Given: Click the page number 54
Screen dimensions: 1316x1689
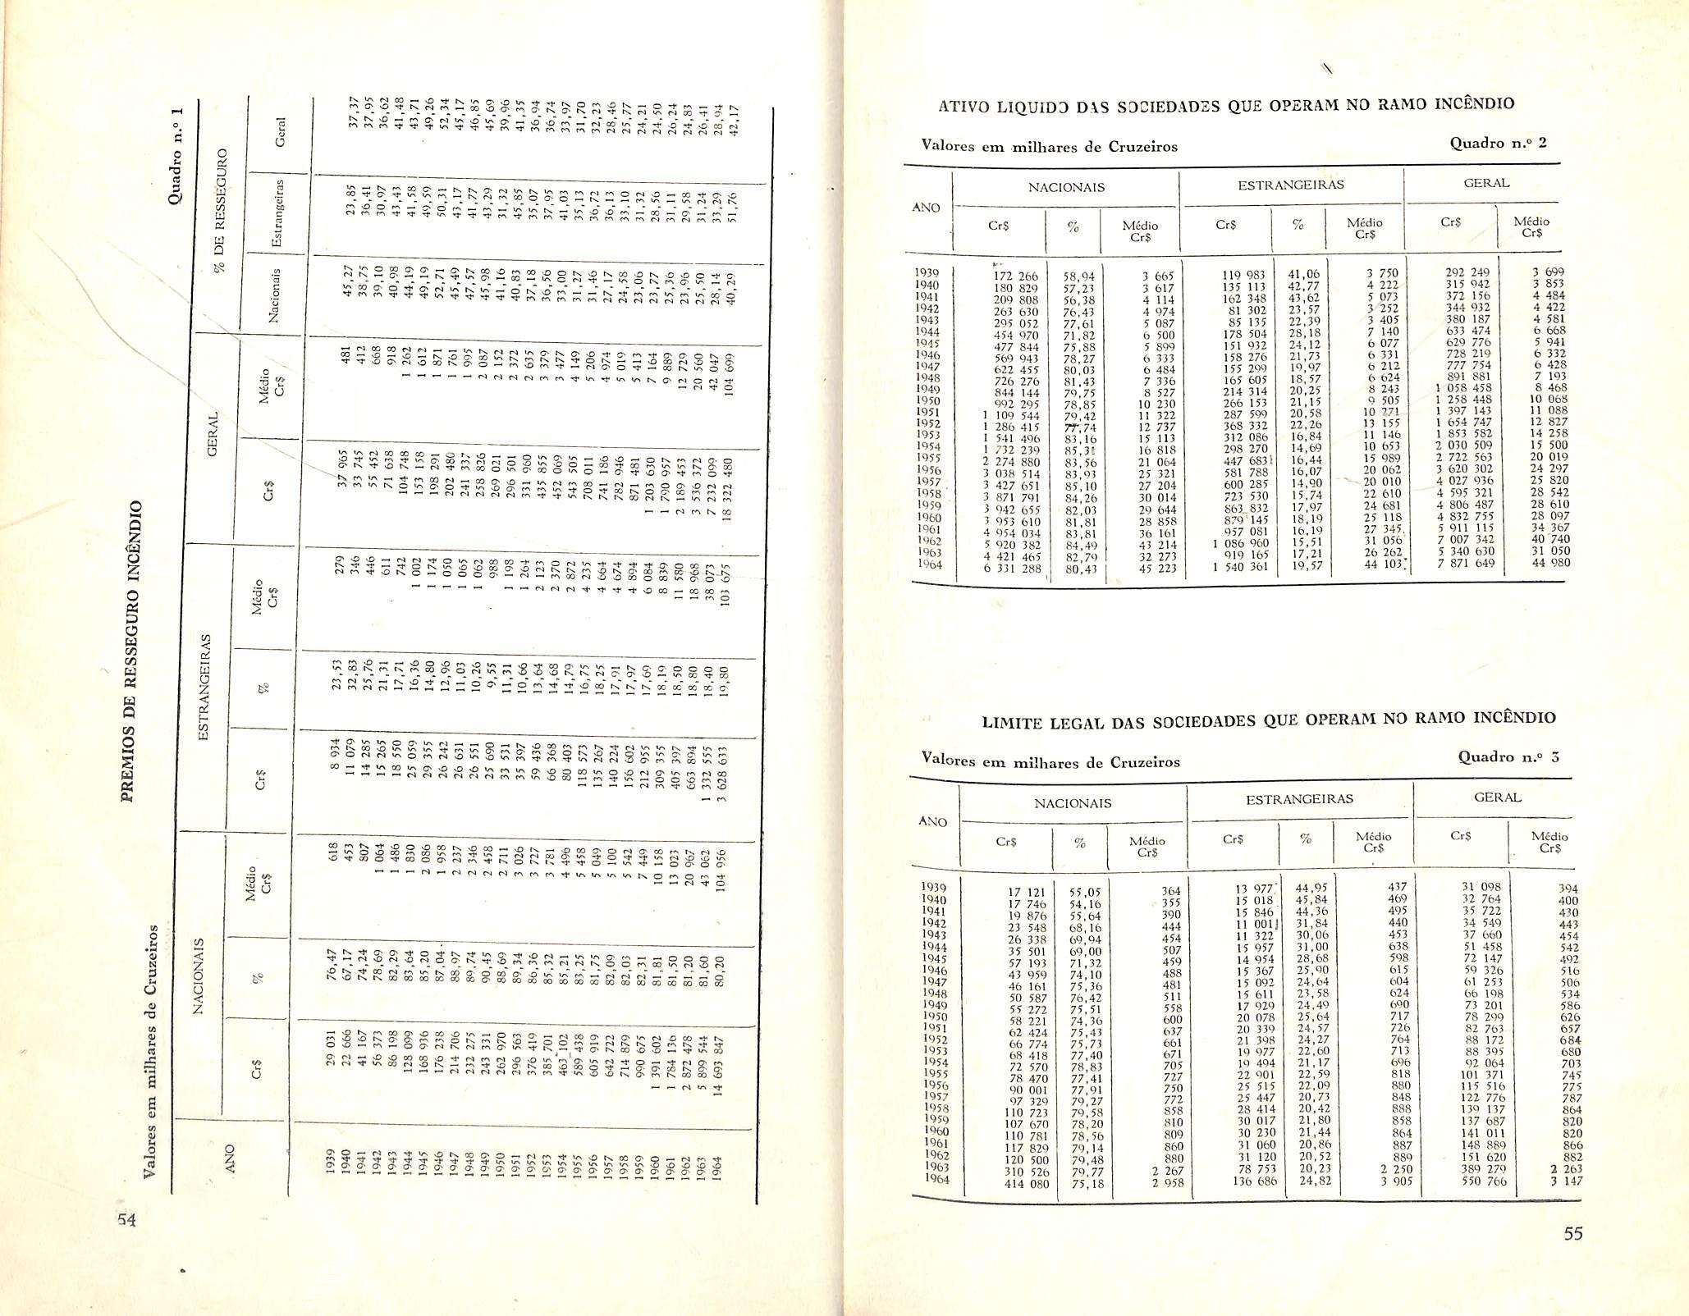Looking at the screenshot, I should click(x=125, y=1219).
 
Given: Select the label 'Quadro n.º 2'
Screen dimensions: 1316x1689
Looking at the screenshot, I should click(x=1498, y=143).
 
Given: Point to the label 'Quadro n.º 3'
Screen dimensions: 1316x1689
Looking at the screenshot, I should click(x=1508, y=756).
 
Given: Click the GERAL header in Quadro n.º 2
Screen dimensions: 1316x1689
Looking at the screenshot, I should click(x=1486, y=184).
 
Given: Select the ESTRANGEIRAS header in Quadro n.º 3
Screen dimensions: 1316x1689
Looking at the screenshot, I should click(x=1299, y=798).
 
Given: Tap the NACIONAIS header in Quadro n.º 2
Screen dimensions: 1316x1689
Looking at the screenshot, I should click(x=1066, y=187).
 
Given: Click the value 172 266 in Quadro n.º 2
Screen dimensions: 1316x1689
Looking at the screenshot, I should click(x=1016, y=276).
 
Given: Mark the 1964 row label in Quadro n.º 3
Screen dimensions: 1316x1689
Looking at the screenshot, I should click(x=936, y=1179).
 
